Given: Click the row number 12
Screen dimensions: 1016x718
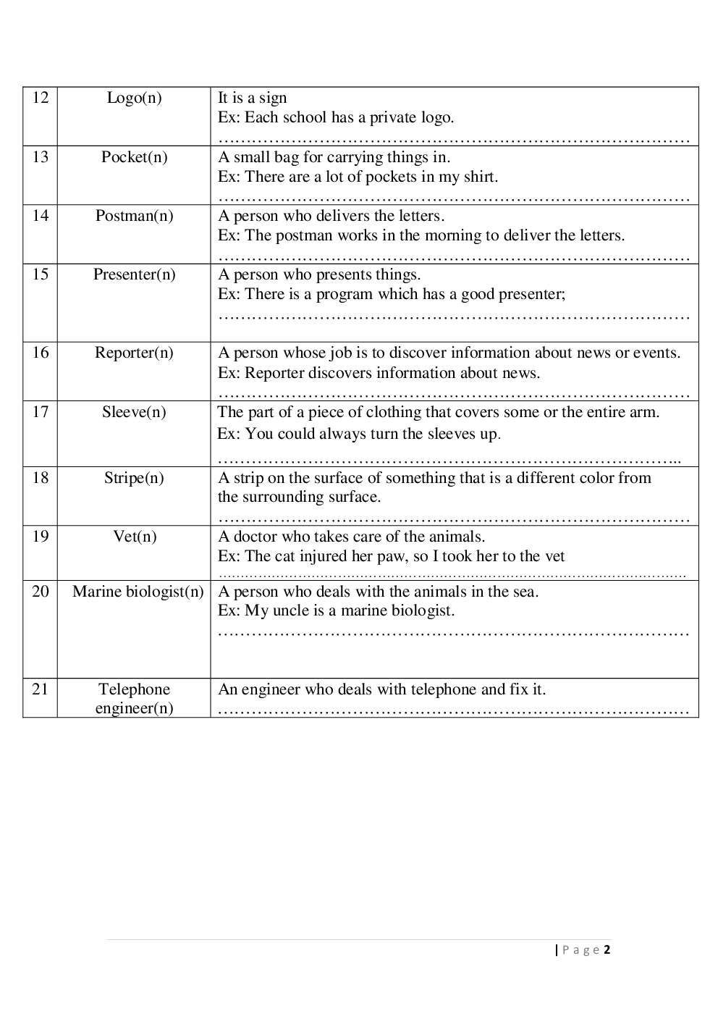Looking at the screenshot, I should tap(41, 98).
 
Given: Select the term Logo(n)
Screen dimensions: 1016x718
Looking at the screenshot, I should tap(134, 98).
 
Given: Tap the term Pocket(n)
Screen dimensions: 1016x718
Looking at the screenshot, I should tap(134, 157).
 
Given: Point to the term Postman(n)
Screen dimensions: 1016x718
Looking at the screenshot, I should tap(134, 216).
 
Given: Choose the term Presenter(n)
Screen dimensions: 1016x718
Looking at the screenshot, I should tap(134, 274).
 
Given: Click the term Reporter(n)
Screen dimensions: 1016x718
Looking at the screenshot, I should tap(134, 353).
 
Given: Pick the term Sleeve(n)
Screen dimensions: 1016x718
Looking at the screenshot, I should tap(134, 412).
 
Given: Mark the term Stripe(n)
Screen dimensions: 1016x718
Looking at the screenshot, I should tap(134, 478).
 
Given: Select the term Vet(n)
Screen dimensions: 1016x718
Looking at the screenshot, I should tap(135, 537).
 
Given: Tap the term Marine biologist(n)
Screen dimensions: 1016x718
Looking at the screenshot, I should tap(138, 592).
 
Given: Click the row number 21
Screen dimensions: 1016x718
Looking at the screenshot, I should tap(41, 689).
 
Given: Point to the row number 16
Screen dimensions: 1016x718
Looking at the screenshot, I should tap(41, 353).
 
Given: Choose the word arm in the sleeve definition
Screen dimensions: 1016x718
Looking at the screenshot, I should tap(646, 412).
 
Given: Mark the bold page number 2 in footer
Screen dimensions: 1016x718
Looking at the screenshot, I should tap(607, 950).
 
